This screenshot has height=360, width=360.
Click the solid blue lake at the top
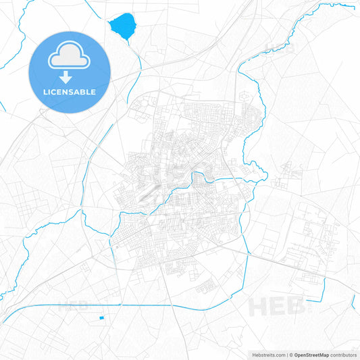click(122, 27)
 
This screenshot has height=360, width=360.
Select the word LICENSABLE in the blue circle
click(70, 92)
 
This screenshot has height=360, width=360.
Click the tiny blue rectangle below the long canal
click(102, 317)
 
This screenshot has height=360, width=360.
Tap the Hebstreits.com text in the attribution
click(267, 355)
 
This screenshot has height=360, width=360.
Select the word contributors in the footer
click(344, 355)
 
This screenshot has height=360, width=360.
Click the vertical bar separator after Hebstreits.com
click(288, 355)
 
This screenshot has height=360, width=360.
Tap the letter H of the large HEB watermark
click(260, 307)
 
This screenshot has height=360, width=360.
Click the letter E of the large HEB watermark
click(278, 307)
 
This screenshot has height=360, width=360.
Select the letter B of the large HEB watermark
click(294, 307)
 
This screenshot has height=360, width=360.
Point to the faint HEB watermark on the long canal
click(73, 305)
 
